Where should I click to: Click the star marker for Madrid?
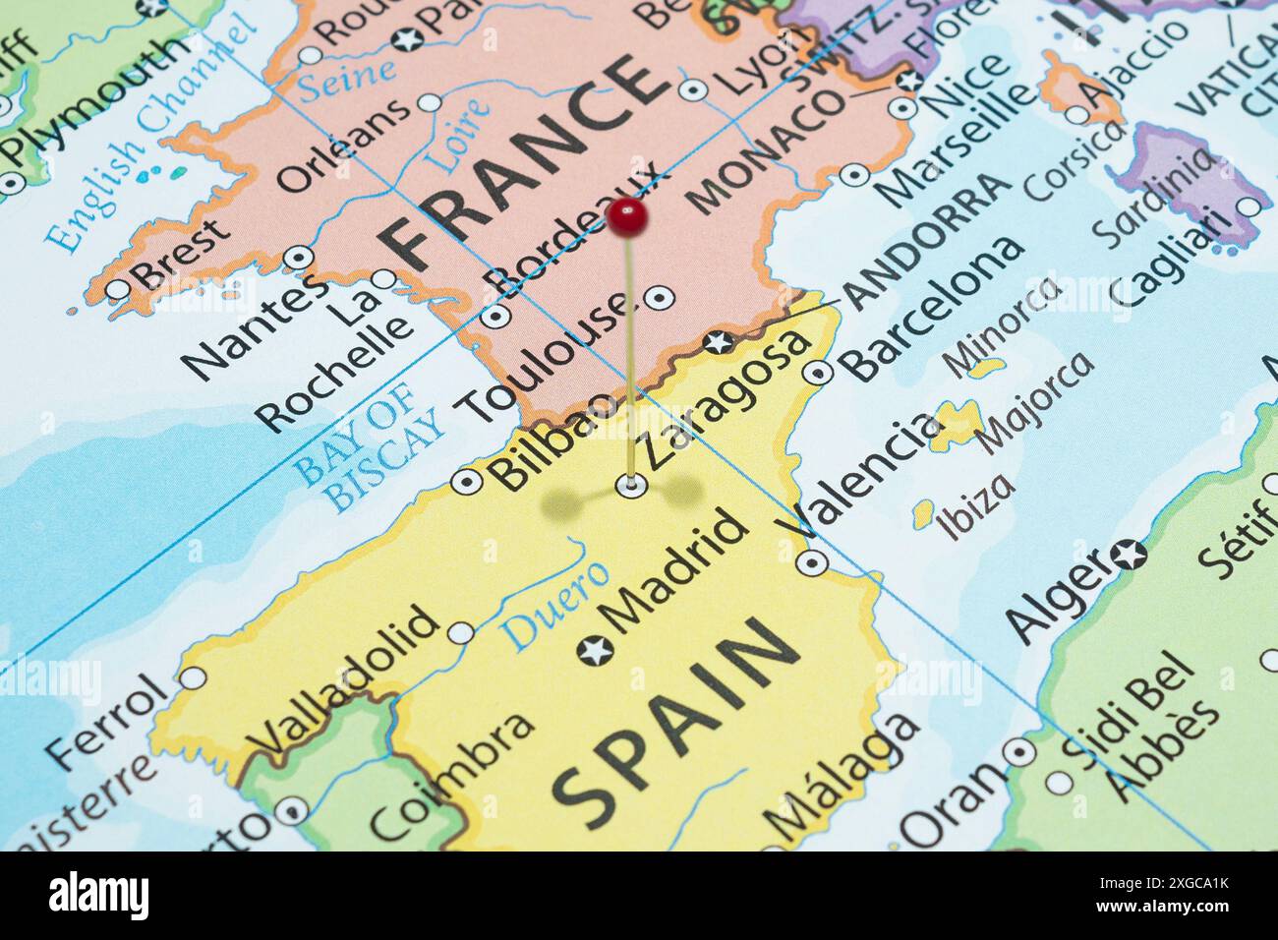595,650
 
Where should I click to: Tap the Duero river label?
556,604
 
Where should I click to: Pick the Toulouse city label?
546,359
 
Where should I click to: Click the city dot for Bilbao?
466,482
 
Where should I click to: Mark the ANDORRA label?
929,241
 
